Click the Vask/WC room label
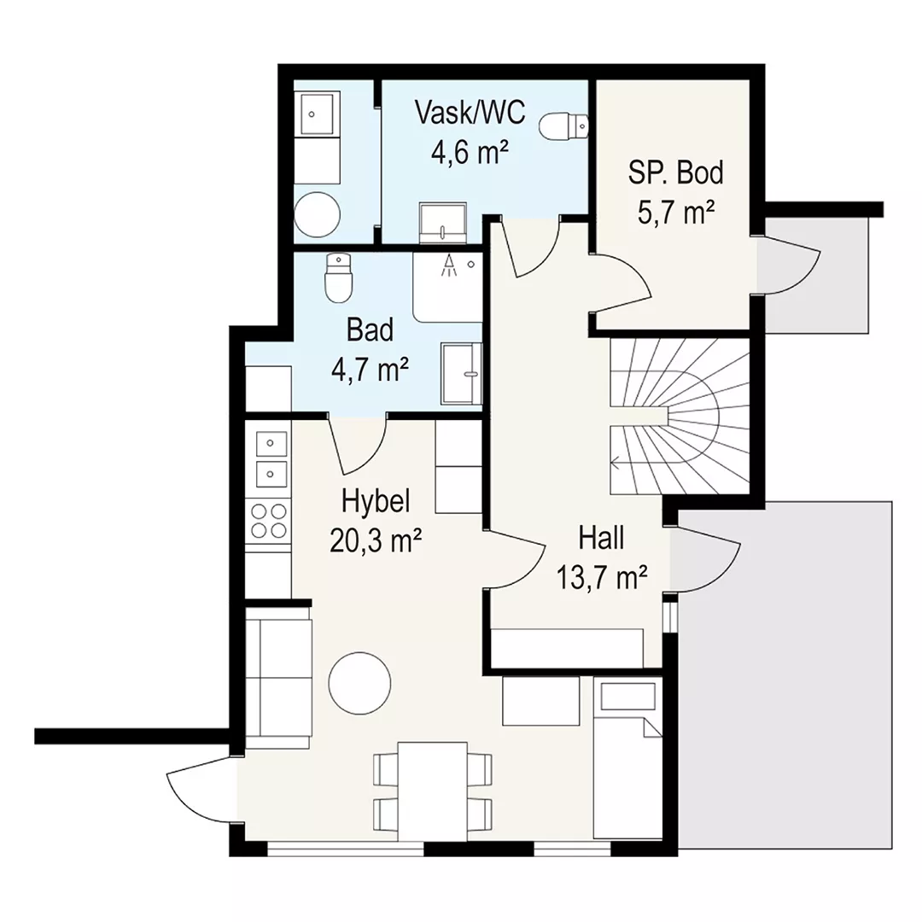(x=470, y=113)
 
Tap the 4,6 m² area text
(x=470, y=154)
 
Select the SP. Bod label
(x=675, y=172)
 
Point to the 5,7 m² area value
(x=676, y=213)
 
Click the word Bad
(x=370, y=330)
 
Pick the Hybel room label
(x=376, y=502)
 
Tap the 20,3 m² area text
(x=376, y=541)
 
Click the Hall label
(x=601, y=538)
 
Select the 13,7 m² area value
(x=602, y=578)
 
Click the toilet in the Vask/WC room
(x=563, y=125)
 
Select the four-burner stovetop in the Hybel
(x=270, y=521)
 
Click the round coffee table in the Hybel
(x=359, y=683)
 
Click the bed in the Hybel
(x=627, y=759)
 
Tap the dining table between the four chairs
(x=433, y=791)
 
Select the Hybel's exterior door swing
(x=197, y=790)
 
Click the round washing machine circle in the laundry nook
(x=318, y=214)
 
